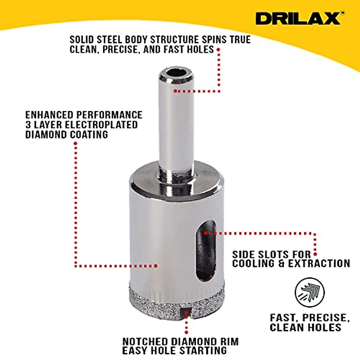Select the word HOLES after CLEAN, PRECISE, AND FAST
point(200,49)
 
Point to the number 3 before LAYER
point(28,125)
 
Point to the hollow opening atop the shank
point(176,73)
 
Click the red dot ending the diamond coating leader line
point(156,265)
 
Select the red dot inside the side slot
point(205,233)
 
